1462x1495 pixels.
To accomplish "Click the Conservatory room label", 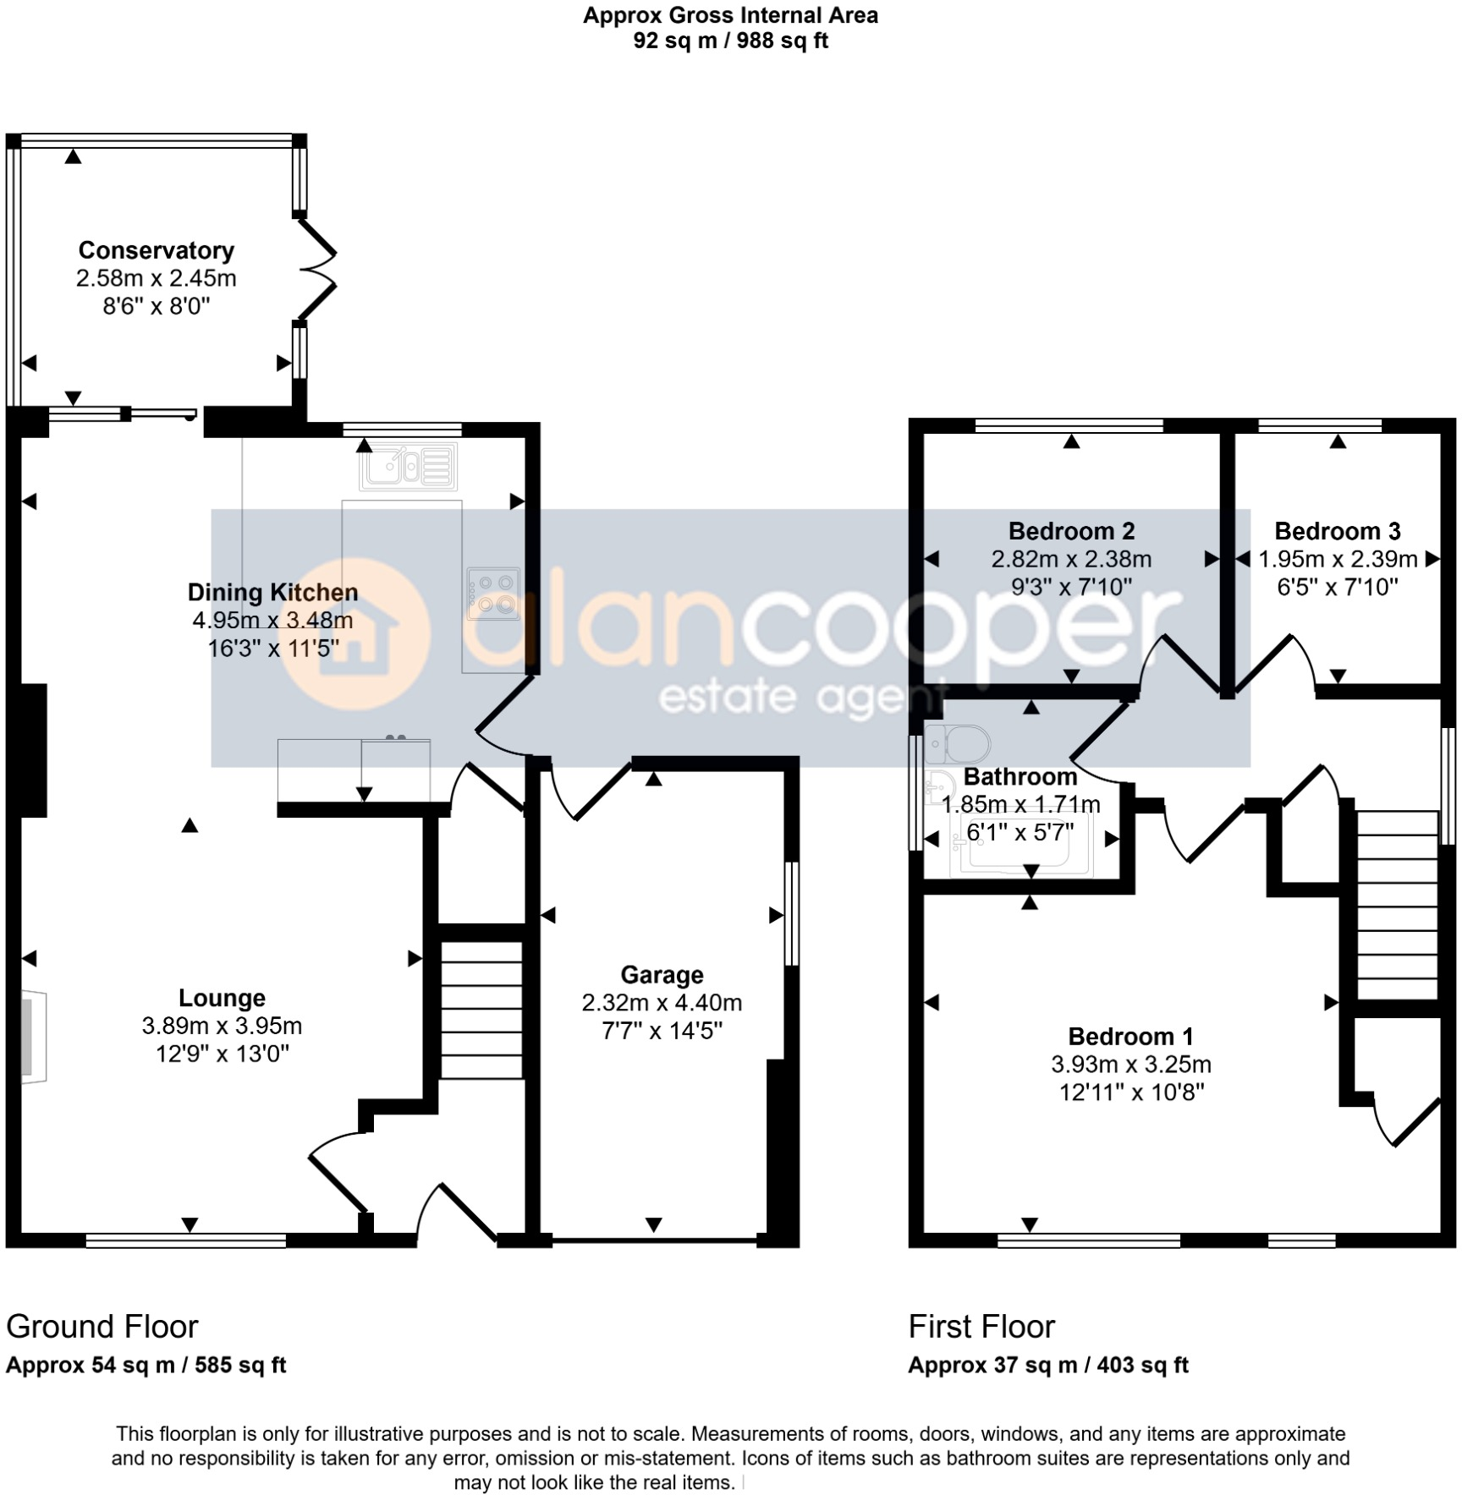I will click(156, 250).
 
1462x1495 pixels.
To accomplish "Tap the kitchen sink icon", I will click(409, 466).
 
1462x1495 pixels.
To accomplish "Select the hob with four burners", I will click(493, 594).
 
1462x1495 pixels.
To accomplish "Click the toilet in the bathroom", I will click(959, 744).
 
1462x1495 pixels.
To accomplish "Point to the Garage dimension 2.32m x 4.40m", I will click(662, 1003).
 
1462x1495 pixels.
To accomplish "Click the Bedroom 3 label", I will click(1337, 531).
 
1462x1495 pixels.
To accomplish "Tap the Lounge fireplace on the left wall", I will click(34, 1037).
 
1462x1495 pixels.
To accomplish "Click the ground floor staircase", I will click(481, 1010).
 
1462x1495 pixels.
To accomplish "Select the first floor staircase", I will click(1397, 905).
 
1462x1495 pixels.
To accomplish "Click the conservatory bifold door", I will click(317, 269).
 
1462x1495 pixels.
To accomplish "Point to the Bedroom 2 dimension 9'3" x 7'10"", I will click(1071, 586).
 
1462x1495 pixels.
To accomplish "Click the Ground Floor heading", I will click(102, 1327).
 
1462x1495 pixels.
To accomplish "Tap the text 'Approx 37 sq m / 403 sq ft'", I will click(1048, 1365).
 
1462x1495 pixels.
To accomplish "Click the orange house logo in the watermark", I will click(355, 634).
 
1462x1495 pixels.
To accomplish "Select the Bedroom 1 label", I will click(1130, 1036).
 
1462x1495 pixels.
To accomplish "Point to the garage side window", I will click(791, 913).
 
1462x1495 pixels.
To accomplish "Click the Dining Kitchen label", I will click(272, 592).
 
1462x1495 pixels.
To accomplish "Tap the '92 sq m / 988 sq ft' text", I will click(730, 41).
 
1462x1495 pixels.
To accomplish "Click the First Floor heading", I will click(981, 1327).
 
